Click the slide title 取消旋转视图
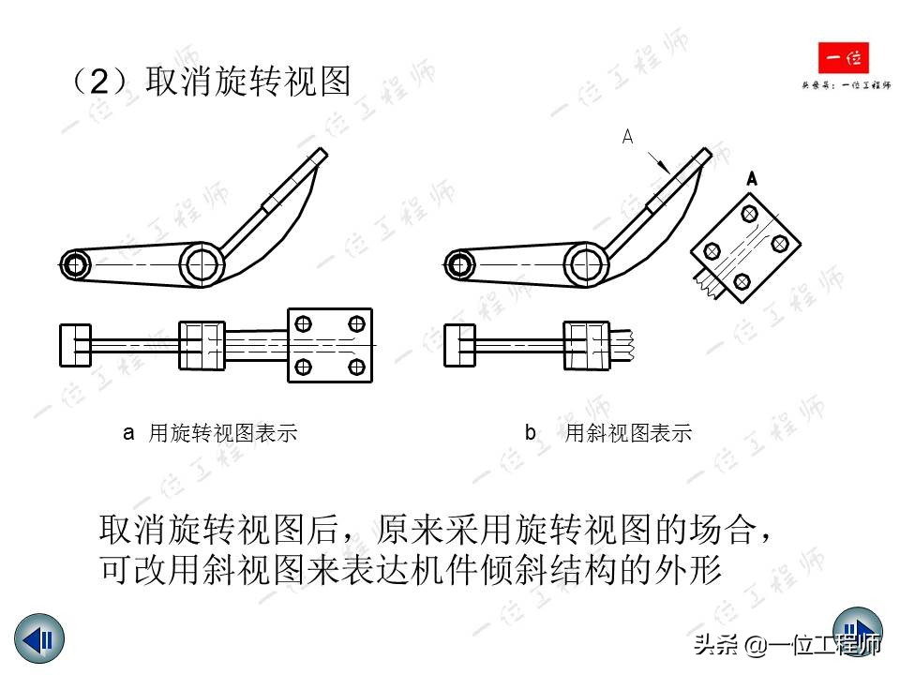point(248,82)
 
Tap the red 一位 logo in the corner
point(843,59)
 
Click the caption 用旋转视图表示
point(223,433)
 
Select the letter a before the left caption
point(129,433)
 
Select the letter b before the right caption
point(531,433)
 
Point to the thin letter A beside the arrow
point(627,138)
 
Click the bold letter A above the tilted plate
point(752,177)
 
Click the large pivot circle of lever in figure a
point(202,264)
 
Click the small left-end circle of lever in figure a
point(74,264)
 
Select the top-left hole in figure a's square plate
point(303,324)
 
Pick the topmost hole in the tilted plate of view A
point(749,215)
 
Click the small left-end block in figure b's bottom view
point(457,345)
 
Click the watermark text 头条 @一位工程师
point(787,645)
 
